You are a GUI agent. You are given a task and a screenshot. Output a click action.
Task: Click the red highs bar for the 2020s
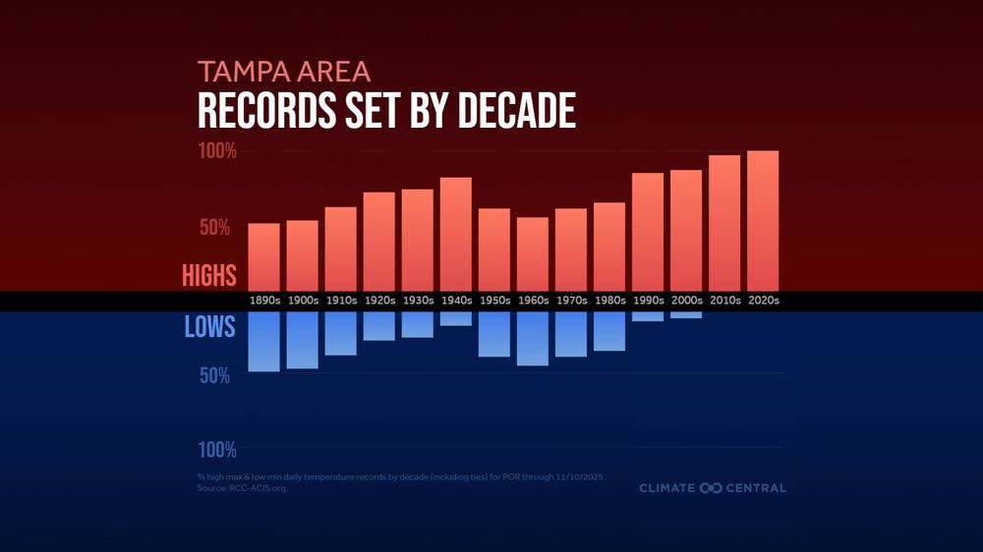pos(763,221)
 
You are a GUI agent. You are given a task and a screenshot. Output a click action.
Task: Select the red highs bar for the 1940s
pos(456,234)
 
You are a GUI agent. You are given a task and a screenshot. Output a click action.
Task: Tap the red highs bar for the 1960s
pos(533,253)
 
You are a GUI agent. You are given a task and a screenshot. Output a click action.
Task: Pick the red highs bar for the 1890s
pos(263,256)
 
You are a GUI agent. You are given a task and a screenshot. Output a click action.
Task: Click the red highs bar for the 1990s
pos(648,232)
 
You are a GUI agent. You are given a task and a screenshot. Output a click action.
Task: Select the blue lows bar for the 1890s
pos(263,342)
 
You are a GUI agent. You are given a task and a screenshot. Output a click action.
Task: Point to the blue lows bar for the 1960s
pos(533,339)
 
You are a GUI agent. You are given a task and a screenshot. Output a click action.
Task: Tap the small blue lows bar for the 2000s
pos(686,315)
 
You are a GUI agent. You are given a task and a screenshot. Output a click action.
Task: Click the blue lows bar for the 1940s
pos(456,319)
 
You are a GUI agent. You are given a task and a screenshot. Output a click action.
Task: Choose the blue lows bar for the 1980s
pos(609,331)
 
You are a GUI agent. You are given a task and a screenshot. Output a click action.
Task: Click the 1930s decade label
pos(418,301)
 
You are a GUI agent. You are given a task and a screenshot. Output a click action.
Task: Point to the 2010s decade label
pos(724,301)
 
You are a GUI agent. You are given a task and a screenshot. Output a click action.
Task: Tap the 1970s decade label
pos(571,301)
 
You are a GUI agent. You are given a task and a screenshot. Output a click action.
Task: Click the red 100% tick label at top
pos(217,152)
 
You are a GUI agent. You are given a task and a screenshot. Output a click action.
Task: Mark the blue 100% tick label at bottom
pos(217,450)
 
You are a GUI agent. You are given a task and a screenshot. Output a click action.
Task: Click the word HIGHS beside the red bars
pos(208,276)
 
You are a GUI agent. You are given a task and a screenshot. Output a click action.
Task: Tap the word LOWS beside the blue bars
pos(210,327)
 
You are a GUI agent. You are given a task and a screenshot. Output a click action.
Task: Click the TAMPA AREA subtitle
pos(283,72)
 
